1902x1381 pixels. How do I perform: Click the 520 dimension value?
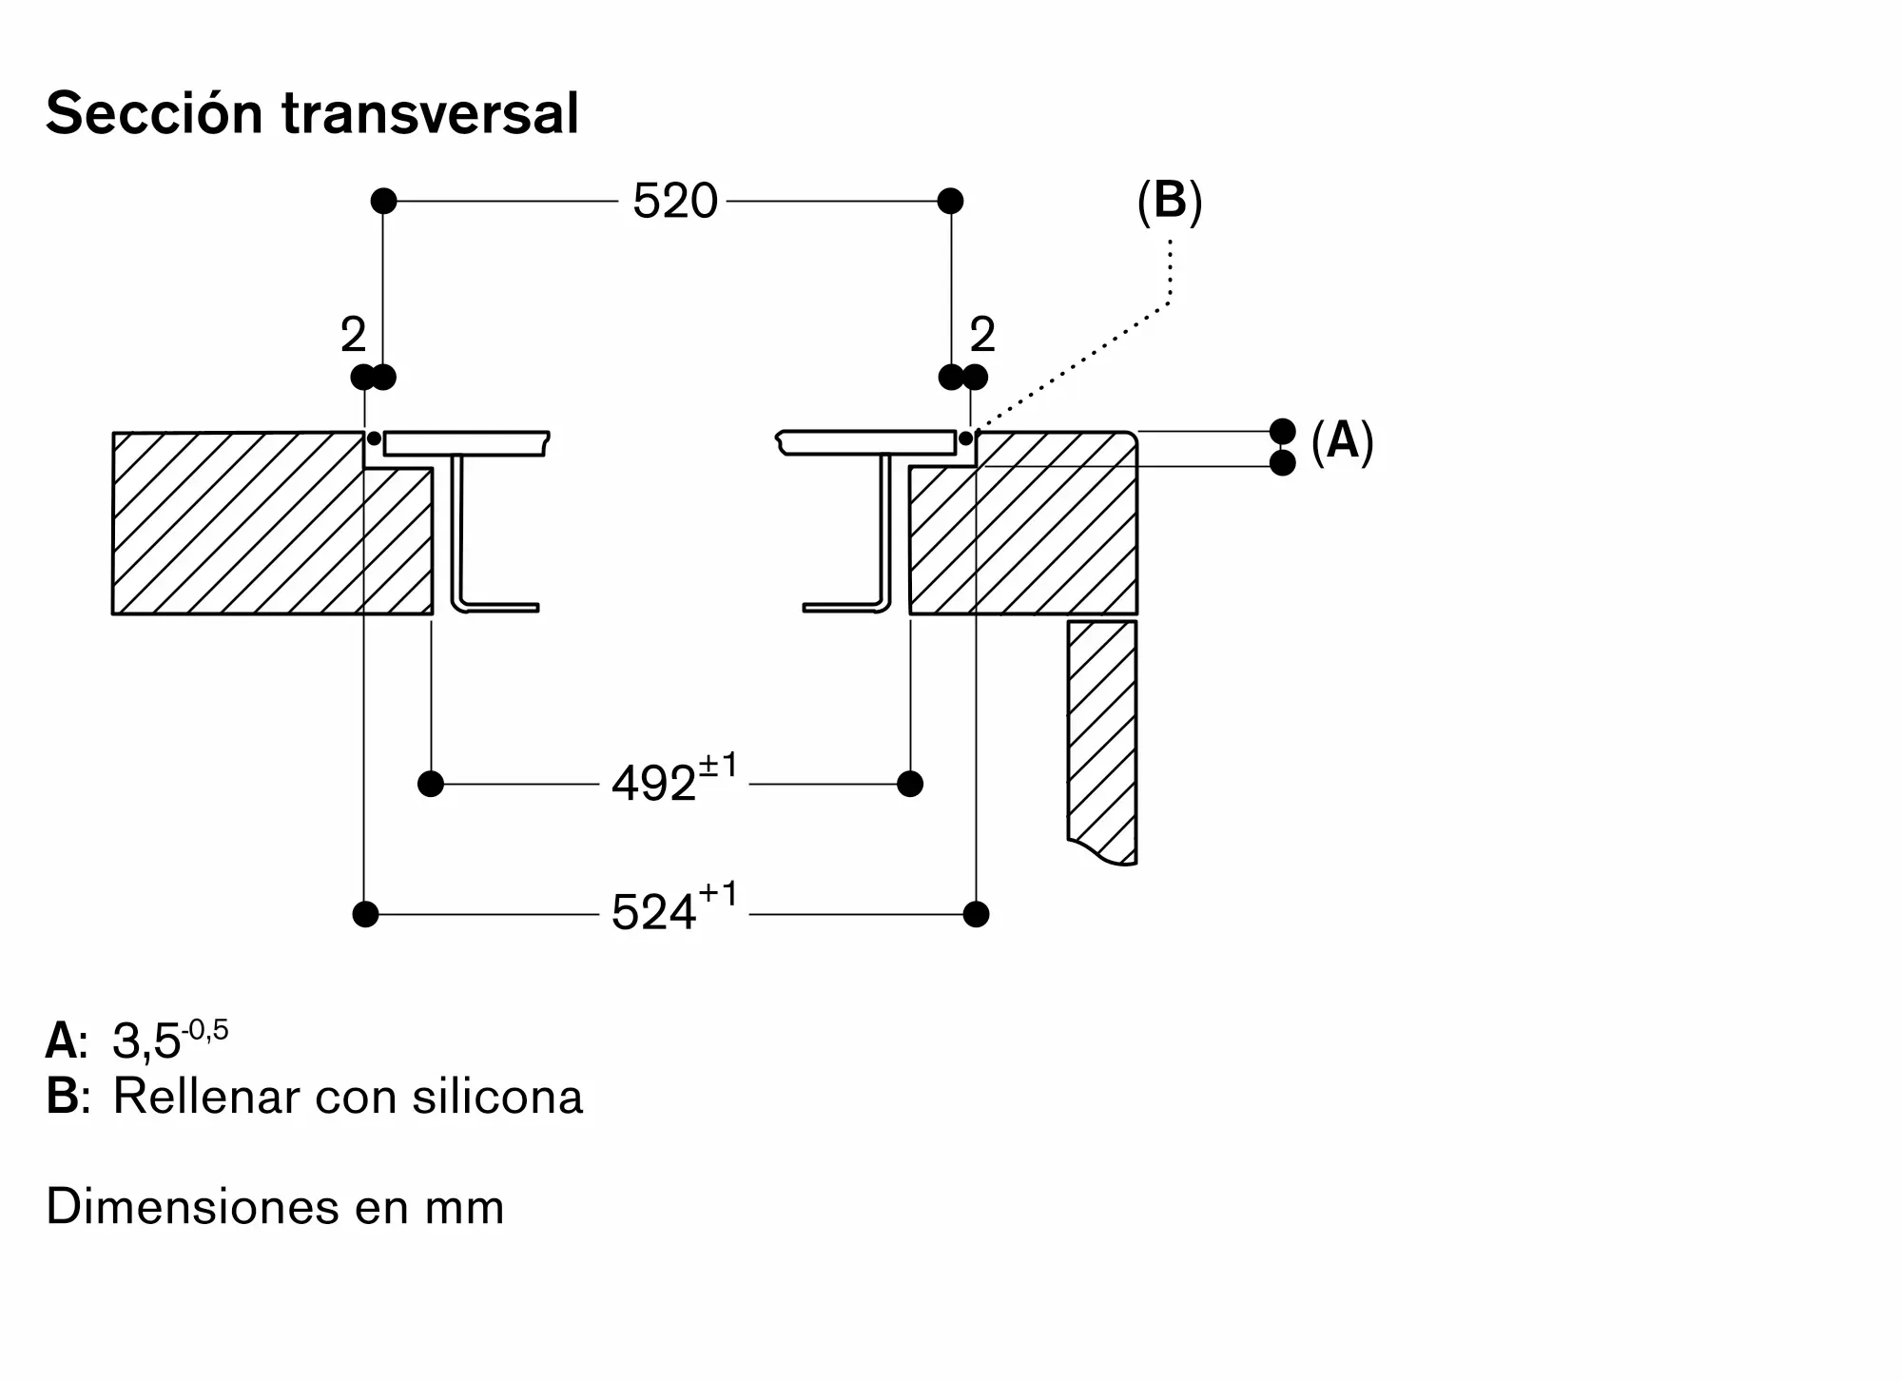[674, 201]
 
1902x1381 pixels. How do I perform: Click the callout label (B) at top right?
[1170, 201]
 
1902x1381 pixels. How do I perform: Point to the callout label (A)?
[1343, 441]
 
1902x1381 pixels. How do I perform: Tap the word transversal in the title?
[430, 114]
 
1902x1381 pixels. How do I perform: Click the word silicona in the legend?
[497, 1096]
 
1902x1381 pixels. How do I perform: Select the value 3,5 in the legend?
[146, 1041]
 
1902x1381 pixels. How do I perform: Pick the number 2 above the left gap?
[353, 335]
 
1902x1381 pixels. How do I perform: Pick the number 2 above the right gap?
[982, 335]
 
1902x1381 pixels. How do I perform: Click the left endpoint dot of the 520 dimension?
[383, 201]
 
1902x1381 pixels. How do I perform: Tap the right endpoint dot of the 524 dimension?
[976, 914]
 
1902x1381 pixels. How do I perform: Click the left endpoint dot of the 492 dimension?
[431, 784]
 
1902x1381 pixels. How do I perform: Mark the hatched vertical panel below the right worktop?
[1102, 742]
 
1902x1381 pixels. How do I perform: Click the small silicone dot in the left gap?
[374, 438]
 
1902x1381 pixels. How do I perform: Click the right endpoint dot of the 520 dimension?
[950, 201]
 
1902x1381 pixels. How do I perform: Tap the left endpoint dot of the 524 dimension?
[365, 914]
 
